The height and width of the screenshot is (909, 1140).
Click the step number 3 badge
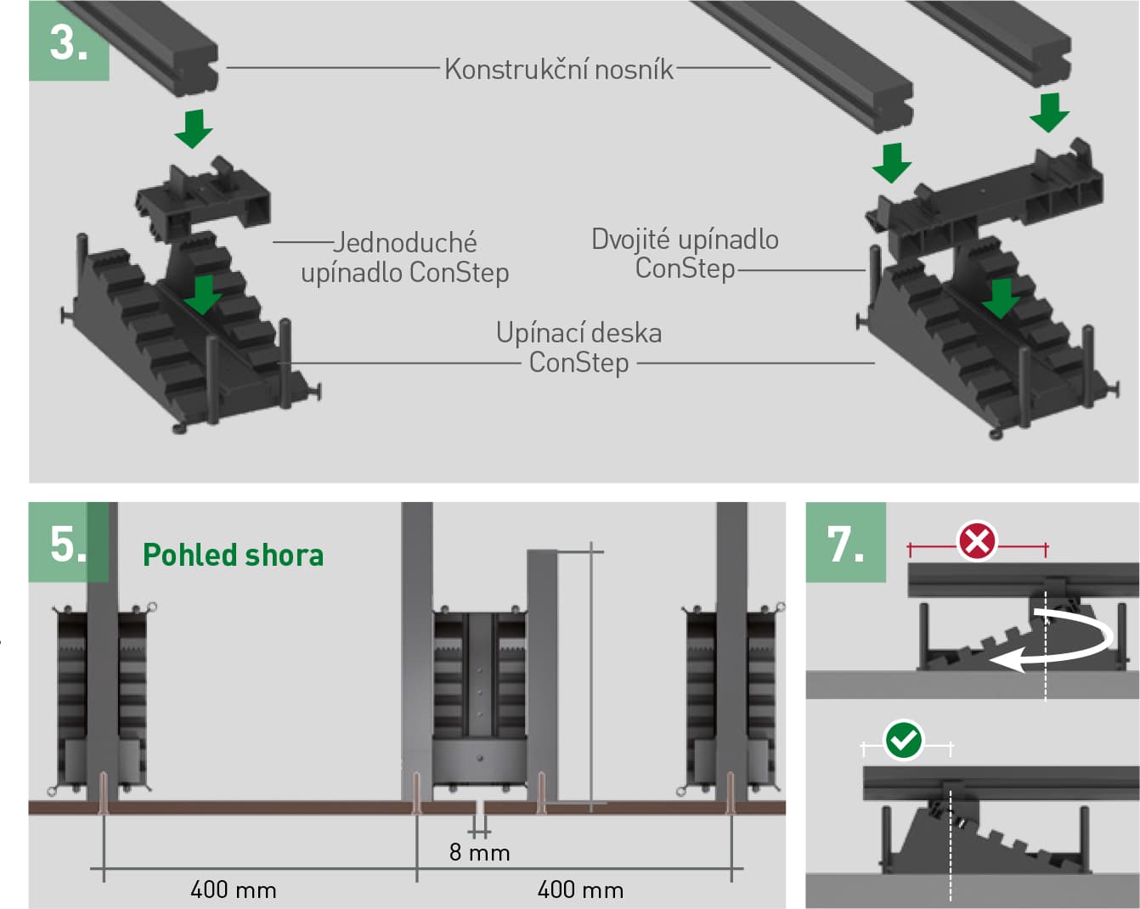pos(69,41)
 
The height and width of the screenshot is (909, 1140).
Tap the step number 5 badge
pos(69,542)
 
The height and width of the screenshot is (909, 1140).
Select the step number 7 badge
pos(845,542)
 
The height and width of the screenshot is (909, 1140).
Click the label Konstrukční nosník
pos(558,69)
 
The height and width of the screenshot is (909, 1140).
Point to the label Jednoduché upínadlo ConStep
pos(405,257)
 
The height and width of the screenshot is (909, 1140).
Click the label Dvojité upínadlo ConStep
pos(685,253)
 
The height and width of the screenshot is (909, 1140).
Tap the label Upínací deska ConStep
pos(578,347)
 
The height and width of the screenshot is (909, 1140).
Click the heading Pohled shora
pos(233,555)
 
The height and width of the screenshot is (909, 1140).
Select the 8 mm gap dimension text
pos(479,852)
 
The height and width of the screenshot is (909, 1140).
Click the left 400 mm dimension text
pos(234,889)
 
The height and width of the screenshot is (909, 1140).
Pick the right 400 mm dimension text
pos(580,889)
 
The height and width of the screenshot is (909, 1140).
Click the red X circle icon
pos(977,541)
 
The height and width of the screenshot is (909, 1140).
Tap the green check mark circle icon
pos(903,739)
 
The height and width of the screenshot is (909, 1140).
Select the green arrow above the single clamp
pos(194,127)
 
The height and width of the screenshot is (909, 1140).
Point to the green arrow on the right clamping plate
pos(1001,297)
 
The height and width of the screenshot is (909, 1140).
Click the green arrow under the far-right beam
pos(1049,112)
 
